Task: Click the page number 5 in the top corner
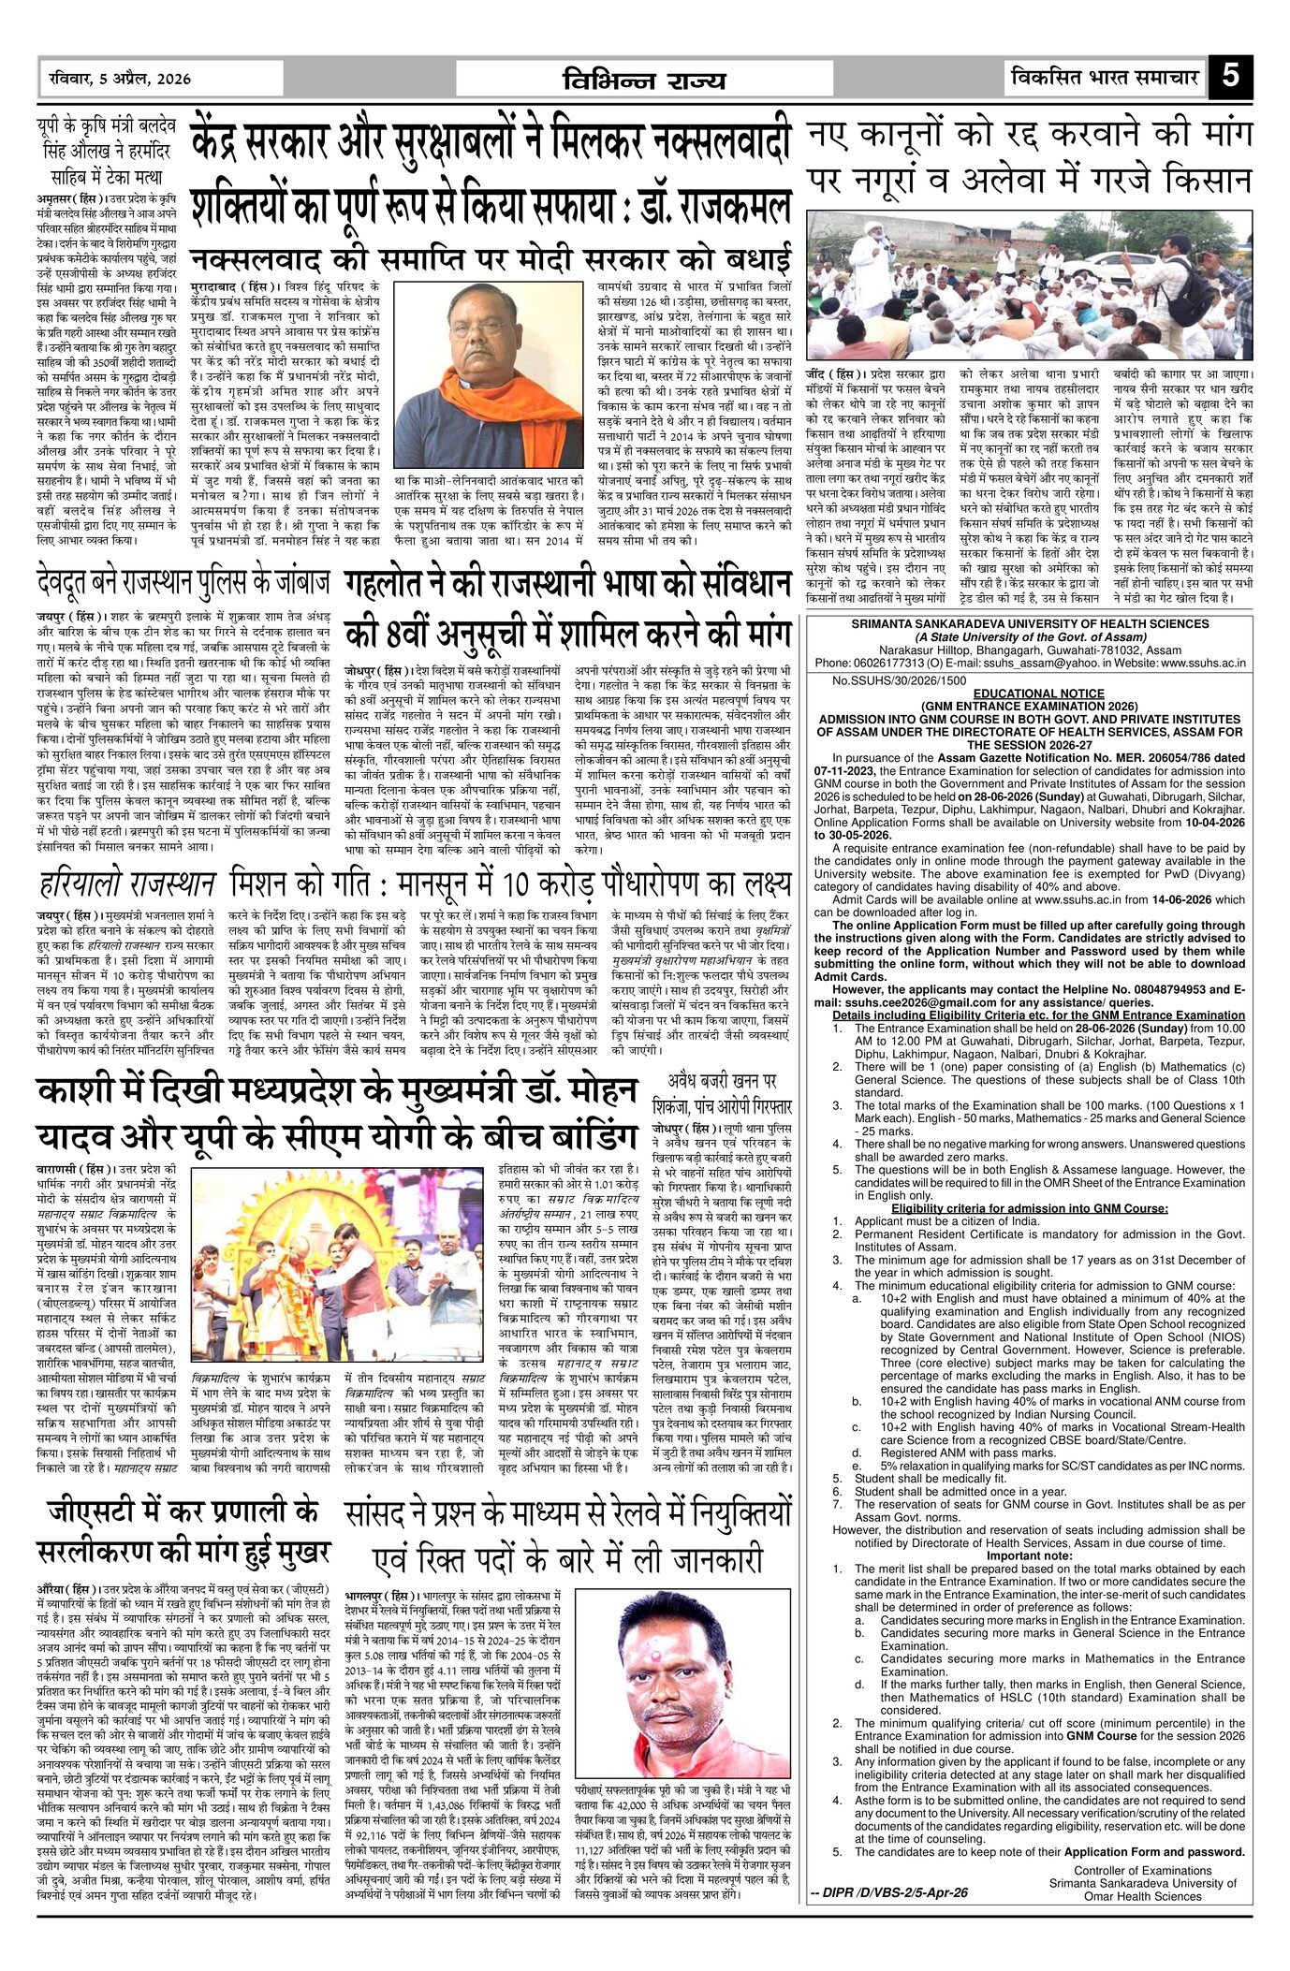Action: pyautogui.click(x=1229, y=76)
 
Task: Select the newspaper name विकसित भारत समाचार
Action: pyautogui.click(x=1105, y=77)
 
